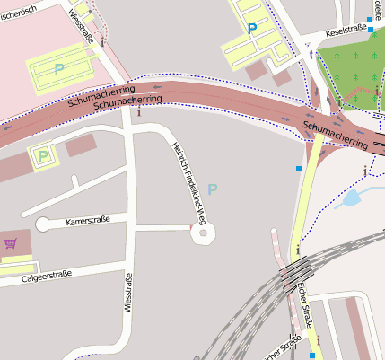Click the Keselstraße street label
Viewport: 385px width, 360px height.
pos(346,30)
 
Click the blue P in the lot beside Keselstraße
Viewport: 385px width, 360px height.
pos(252,29)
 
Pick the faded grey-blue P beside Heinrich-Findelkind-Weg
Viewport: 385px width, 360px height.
pos(212,189)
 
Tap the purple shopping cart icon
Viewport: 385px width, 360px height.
pos(11,242)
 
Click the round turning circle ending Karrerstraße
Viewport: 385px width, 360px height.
pos(43,224)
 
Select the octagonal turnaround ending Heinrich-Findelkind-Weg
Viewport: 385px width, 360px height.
pos(204,233)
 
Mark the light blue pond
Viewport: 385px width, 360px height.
pos(352,198)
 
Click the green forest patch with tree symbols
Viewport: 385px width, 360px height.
pos(355,72)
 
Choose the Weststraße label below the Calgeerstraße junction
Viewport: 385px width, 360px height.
pos(127,293)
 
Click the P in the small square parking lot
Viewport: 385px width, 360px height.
pos(42,158)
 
